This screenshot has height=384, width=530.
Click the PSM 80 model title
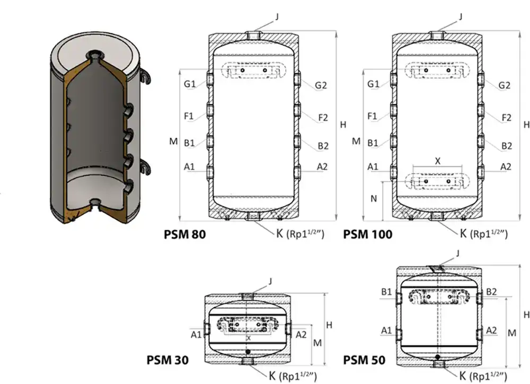tap(185, 234)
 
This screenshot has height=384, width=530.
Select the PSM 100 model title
tap(368, 234)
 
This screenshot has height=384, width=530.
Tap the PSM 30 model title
tap(167, 360)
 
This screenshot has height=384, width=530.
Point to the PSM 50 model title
tap(364, 360)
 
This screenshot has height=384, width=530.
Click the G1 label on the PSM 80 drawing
tap(190, 84)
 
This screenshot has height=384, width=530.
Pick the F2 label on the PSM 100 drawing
tap(506, 117)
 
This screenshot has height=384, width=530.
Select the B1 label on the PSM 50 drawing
tap(386, 292)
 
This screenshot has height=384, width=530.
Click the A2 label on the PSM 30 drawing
tap(301, 334)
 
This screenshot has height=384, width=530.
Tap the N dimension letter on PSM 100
tap(374, 200)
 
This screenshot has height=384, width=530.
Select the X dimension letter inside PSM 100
tap(437, 159)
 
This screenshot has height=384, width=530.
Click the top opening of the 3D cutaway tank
tap(94, 54)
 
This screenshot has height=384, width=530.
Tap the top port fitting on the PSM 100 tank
tap(437, 35)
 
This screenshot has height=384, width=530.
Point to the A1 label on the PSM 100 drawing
tap(373, 167)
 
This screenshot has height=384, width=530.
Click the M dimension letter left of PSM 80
tap(173, 141)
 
